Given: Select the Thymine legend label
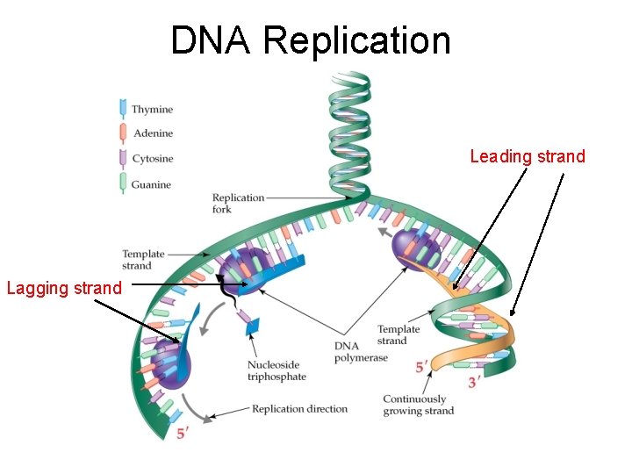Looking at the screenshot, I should [x=152, y=110].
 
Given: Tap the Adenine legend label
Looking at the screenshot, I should [x=152, y=133].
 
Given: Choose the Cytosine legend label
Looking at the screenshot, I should [x=152, y=159].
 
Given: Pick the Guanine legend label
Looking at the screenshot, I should [x=151, y=184].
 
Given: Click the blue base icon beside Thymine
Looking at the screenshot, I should [x=122, y=109].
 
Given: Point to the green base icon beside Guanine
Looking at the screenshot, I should [x=122, y=183].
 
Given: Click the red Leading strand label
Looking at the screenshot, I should [x=527, y=157].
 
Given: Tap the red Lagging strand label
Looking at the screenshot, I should [x=64, y=287].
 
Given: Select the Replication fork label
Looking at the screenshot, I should [x=238, y=203].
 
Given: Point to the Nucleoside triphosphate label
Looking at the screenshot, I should [x=276, y=370].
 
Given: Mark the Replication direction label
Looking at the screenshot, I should [x=299, y=408].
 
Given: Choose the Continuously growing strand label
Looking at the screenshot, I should [x=418, y=405].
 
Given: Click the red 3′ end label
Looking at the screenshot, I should [x=474, y=382].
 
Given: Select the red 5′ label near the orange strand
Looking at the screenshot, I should [x=422, y=365].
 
